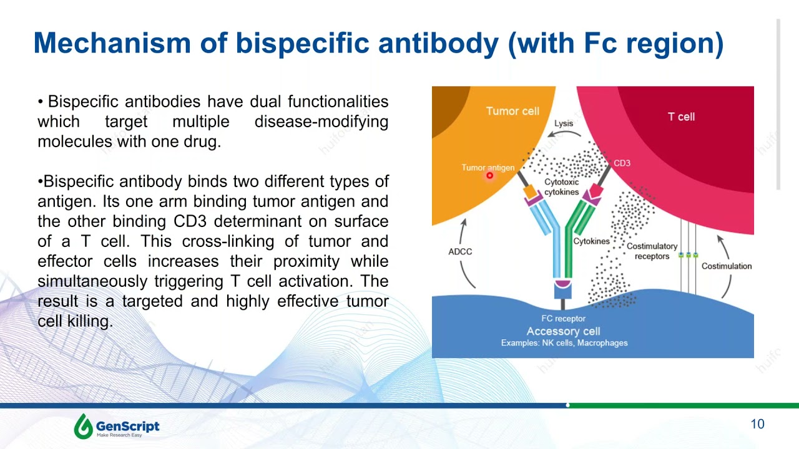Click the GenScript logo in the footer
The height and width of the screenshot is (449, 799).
[x=117, y=427]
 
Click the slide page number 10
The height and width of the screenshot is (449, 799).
[x=757, y=424]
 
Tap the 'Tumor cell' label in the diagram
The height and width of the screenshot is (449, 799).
[x=512, y=111]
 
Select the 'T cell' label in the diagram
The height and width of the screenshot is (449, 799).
[x=681, y=117]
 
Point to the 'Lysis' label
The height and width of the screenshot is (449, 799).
[x=564, y=123]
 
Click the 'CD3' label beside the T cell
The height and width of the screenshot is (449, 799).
[x=622, y=163]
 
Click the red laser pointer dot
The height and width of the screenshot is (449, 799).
[x=489, y=176]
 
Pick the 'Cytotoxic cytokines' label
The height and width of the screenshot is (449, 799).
[x=561, y=187]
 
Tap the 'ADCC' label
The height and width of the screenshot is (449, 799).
[x=460, y=251]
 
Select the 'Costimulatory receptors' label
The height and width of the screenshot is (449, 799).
[x=652, y=251]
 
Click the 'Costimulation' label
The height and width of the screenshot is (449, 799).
[x=727, y=266]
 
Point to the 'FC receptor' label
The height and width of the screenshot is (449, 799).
[x=563, y=319]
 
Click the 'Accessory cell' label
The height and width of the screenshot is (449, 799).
[x=563, y=331]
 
